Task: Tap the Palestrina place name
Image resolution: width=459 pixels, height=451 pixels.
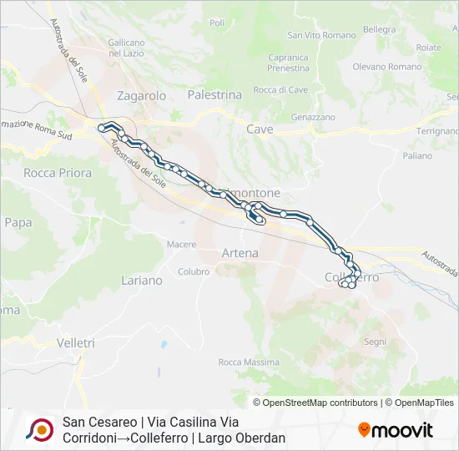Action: pos(214,95)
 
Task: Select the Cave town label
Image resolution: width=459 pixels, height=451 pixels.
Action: pos(260,129)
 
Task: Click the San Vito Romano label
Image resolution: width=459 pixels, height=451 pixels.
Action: pos(315,35)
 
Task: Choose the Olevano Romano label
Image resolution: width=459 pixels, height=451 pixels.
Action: pos(387,67)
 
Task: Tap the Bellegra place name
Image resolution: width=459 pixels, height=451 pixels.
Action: pos(380,29)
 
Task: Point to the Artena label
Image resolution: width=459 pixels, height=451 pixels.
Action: pos(240,252)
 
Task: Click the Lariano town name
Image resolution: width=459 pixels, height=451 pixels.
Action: pos(142,281)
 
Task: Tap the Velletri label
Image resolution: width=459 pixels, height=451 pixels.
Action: pos(76,342)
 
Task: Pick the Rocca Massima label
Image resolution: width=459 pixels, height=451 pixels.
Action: pos(249,362)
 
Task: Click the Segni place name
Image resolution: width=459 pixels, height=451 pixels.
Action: pos(375,342)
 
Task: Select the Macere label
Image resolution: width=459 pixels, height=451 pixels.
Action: pos(181,245)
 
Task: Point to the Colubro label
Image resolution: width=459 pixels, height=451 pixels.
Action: pos(194,271)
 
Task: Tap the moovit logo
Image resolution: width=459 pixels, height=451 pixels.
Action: pos(396,430)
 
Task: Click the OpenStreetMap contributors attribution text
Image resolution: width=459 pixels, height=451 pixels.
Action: pos(320,403)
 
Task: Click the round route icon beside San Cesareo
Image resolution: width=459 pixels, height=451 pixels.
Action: pos(38,430)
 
